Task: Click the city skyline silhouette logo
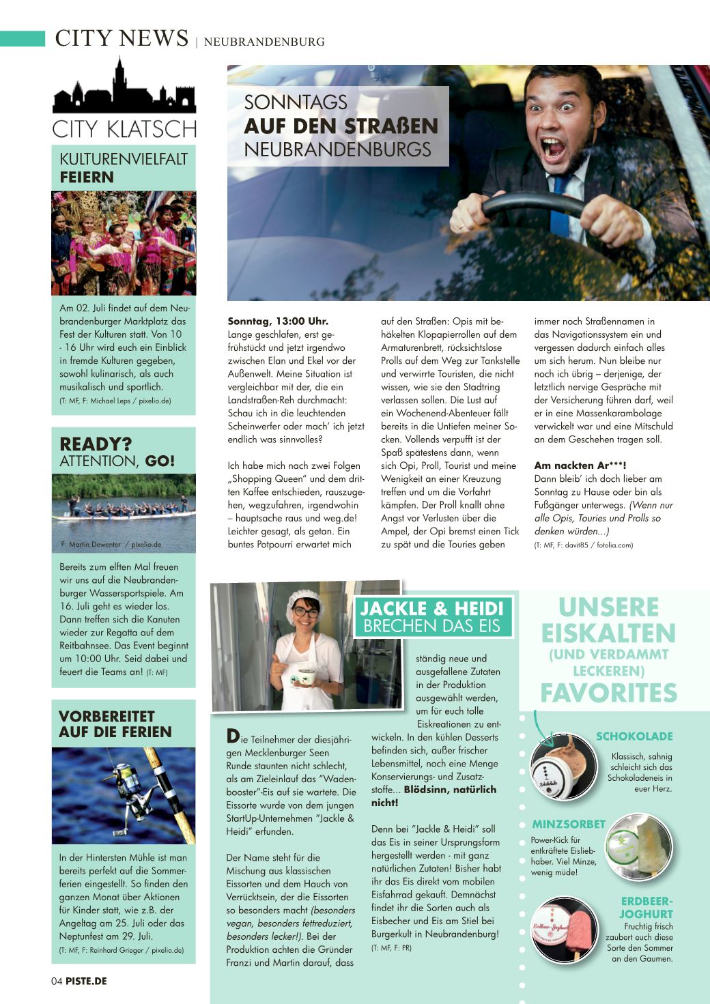[124, 89]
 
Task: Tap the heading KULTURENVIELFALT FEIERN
[123, 168]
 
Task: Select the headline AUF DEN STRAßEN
[341, 126]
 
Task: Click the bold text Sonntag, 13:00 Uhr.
[278, 321]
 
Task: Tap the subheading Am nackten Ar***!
[580, 465]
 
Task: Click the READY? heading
[96, 444]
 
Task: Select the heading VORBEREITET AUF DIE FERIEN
[116, 724]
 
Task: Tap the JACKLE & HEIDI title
[431, 608]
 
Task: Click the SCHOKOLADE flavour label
[634, 736]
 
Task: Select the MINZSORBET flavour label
[569, 824]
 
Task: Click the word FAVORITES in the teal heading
[608, 693]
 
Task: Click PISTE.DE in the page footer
[86, 981]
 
